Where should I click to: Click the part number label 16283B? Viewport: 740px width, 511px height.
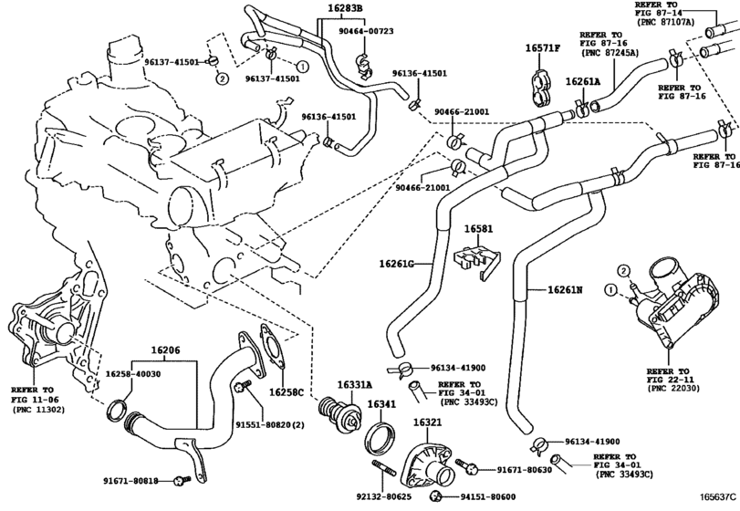click(x=319, y=9)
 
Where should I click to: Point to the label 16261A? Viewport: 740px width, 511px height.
click(x=583, y=82)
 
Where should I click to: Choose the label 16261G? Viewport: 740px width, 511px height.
click(x=397, y=264)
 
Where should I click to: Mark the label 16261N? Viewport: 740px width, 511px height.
click(x=565, y=289)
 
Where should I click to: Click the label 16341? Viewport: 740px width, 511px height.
click(x=381, y=403)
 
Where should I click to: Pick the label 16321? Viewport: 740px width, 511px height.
click(x=428, y=423)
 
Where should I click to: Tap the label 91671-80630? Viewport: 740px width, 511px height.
click(x=526, y=470)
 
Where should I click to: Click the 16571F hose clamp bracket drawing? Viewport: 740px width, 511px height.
click(x=542, y=79)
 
